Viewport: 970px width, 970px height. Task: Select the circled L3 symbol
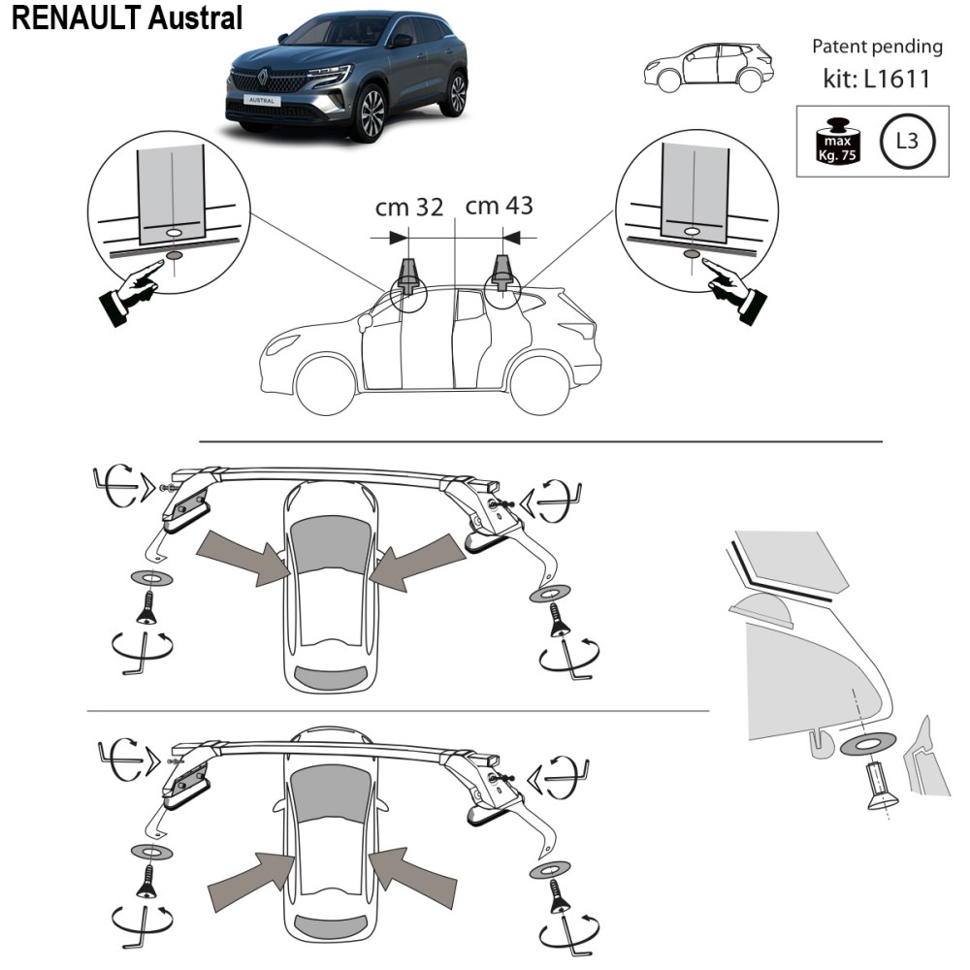pyautogui.click(x=907, y=141)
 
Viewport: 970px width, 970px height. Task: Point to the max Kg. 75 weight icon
pyautogui.click(x=837, y=141)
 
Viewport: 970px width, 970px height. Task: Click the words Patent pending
pyautogui.click(x=877, y=47)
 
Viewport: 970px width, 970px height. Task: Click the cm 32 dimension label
pyautogui.click(x=409, y=208)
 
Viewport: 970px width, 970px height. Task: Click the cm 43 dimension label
pyautogui.click(x=500, y=206)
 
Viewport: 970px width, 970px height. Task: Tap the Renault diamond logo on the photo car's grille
pyautogui.click(x=262, y=78)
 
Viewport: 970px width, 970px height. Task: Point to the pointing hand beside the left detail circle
pyautogui.click(x=132, y=291)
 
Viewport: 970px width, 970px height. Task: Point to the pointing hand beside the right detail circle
pyautogui.click(x=734, y=289)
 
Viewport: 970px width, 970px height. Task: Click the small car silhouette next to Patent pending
pyautogui.click(x=709, y=68)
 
